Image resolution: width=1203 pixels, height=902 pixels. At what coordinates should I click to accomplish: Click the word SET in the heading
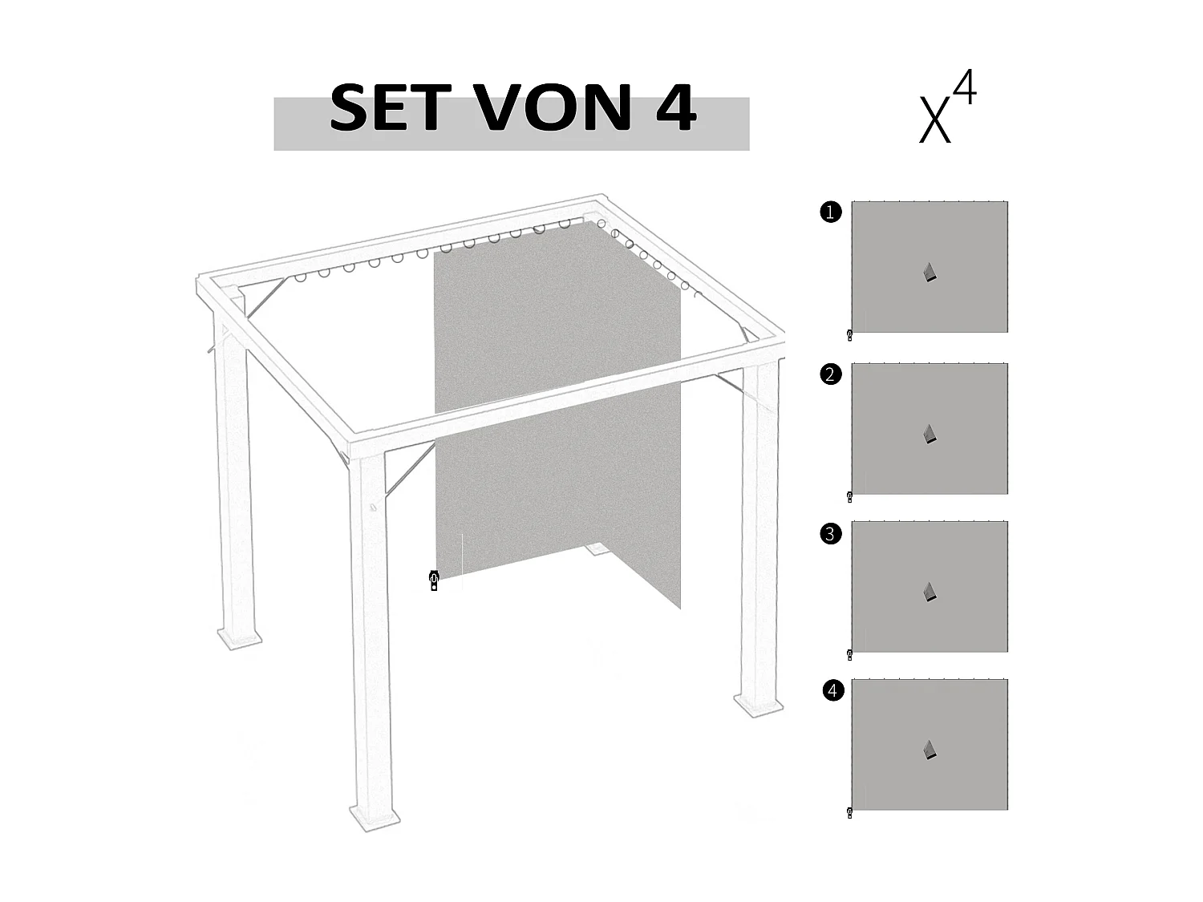pyautogui.click(x=385, y=108)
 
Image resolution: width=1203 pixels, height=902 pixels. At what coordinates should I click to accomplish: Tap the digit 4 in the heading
pyautogui.click(x=675, y=108)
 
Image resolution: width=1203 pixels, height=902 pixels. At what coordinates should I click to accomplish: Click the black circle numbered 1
pyautogui.click(x=831, y=212)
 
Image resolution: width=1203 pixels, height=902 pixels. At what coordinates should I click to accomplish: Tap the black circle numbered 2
pyautogui.click(x=831, y=374)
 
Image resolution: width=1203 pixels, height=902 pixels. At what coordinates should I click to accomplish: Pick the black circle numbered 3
pyautogui.click(x=831, y=533)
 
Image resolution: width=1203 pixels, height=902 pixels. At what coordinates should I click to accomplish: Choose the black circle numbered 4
pyautogui.click(x=833, y=690)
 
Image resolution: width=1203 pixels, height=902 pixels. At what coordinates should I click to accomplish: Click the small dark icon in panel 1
pyautogui.click(x=930, y=273)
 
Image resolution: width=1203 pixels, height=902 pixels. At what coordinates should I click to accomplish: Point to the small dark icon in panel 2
pyautogui.click(x=930, y=434)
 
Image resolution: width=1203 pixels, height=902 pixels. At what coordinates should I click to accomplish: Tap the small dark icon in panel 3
pyautogui.click(x=930, y=592)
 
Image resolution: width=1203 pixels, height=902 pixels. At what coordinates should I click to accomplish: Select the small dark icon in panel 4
pyautogui.click(x=930, y=750)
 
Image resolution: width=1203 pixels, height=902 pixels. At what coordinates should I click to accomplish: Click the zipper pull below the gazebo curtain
pyautogui.click(x=434, y=580)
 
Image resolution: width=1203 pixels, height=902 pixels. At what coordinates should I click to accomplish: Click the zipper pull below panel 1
pyautogui.click(x=849, y=335)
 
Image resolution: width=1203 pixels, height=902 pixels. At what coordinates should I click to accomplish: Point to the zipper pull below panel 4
pyautogui.click(x=849, y=813)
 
